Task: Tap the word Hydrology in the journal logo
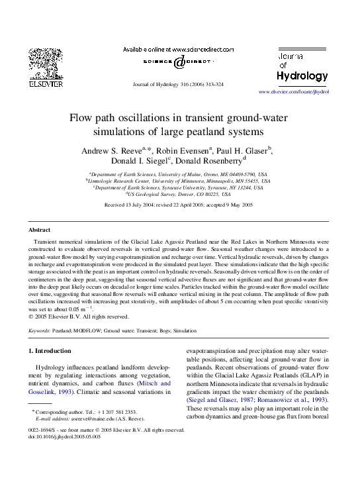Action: (302, 76)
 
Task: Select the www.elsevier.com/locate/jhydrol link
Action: (293, 91)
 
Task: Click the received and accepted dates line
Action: (179, 205)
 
